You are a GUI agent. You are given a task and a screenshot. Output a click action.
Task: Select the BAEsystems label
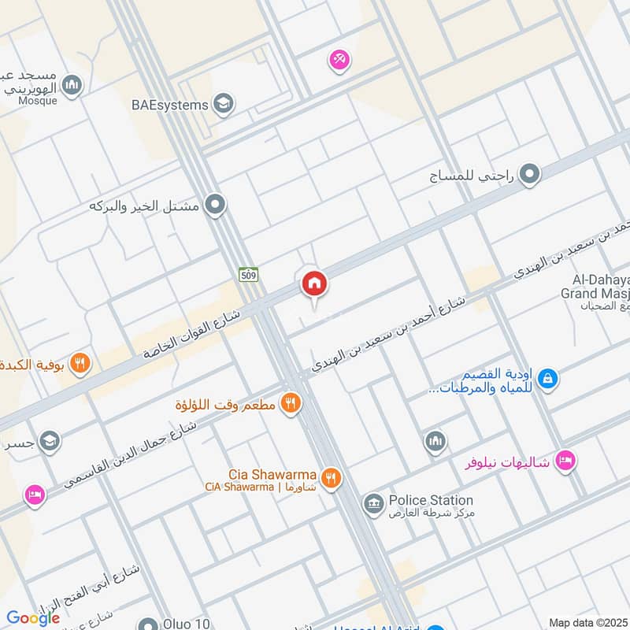[170, 105]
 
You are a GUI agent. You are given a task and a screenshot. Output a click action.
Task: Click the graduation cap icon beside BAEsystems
[224, 104]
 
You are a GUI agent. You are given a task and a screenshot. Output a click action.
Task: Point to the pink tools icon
[339, 59]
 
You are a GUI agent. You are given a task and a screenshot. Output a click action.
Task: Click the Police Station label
[430, 500]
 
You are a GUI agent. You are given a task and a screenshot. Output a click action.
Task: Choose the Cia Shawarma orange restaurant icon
[332, 477]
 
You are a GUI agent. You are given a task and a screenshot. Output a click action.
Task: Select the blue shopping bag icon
[549, 379]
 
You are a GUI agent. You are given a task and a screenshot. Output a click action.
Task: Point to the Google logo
[32, 617]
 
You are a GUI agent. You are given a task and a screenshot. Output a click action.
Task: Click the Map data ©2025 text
[588, 622]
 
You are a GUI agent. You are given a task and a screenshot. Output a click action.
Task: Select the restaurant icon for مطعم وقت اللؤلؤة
[291, 403]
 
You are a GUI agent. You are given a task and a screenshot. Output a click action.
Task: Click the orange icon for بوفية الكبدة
[80, 363]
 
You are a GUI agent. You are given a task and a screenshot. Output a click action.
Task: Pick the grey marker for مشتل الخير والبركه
[215, 206]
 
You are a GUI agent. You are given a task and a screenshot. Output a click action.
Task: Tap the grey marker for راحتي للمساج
[531, 174]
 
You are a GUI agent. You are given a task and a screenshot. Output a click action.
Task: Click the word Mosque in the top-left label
[37, 101]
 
